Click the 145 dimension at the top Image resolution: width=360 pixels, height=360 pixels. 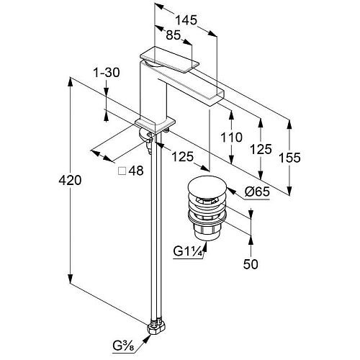(186, 20)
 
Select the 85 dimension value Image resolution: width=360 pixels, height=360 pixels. (173, 35)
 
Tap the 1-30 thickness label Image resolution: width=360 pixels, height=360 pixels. (107, 72)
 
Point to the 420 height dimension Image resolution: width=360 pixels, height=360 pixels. (70, 180)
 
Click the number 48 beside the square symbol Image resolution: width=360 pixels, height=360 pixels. (136, 171)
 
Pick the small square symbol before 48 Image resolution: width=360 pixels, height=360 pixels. (122, 171)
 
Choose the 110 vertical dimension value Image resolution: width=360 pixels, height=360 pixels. (231, 138)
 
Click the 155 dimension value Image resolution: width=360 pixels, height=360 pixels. (289, 158)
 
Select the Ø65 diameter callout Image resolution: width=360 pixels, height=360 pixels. (257, 192)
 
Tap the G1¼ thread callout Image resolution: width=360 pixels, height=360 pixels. (188, 252)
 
